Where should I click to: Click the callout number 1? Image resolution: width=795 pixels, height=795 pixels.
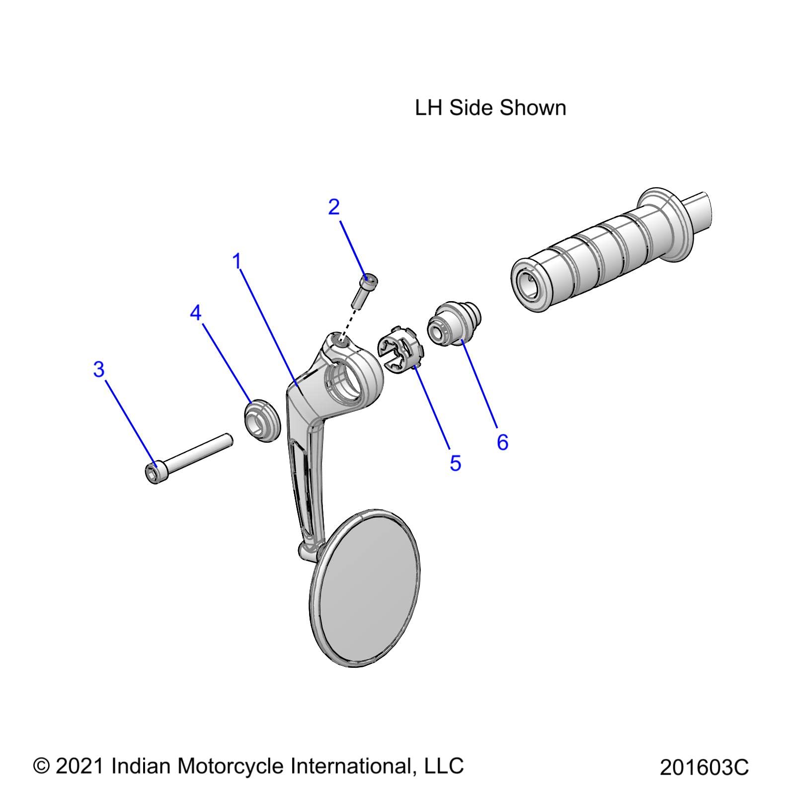tap(238, 261)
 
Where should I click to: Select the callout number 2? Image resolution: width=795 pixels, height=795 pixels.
tap(334, 207)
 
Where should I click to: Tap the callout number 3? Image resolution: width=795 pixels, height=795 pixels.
tap(99, 370)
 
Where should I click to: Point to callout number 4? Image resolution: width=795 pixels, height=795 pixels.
tap(196, 313)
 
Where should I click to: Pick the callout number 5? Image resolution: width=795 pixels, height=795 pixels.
tap(455, 463)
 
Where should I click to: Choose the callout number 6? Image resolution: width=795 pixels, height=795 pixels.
tap(502, 442)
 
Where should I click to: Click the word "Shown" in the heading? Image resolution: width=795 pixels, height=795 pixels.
tap(533, 108)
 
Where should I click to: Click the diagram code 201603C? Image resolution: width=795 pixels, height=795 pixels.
tap(704, 767)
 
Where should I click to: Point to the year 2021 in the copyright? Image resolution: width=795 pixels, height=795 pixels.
tap(79, 766)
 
